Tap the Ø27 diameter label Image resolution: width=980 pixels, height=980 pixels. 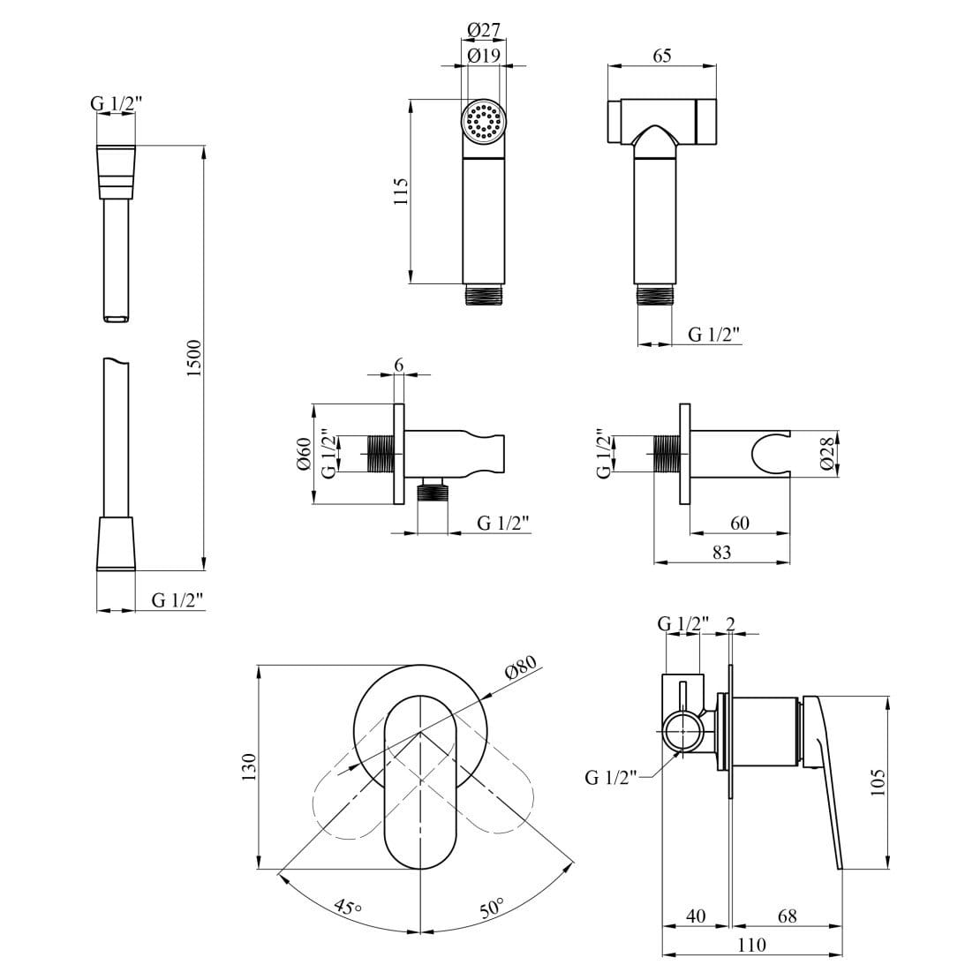coord(483,30)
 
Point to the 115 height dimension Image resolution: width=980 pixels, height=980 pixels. coord(401,192)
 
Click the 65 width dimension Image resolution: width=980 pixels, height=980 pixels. coord(661,56)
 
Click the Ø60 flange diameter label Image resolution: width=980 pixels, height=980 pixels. coord(304,454)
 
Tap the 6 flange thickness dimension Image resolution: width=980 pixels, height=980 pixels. coord(398,365)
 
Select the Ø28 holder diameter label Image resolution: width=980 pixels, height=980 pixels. coord(826,453)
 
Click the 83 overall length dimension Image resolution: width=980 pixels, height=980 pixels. coord(720,552)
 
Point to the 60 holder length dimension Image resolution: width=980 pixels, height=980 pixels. coord(739,524)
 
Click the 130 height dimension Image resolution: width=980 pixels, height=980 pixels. coord(248,766)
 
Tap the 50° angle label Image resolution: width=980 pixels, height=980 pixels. coord(491,907)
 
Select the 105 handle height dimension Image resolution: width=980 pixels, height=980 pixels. coord(876,781)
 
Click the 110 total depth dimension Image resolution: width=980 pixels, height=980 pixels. coord(750,945)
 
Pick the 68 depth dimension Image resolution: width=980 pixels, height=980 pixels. coord(786,916)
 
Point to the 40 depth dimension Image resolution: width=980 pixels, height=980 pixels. coord(696,916)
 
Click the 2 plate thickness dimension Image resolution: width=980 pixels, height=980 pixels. coord(730,623)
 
